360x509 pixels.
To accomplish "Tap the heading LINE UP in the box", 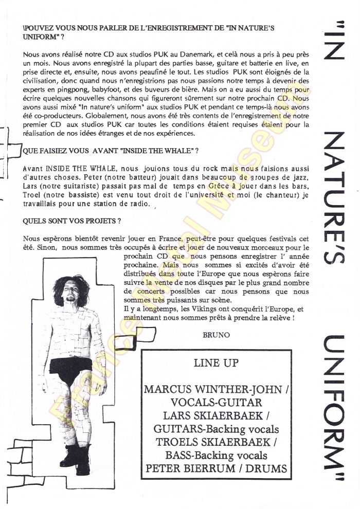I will [x=216, y=363].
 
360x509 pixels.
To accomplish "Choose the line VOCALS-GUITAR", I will [x=217, y=402].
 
